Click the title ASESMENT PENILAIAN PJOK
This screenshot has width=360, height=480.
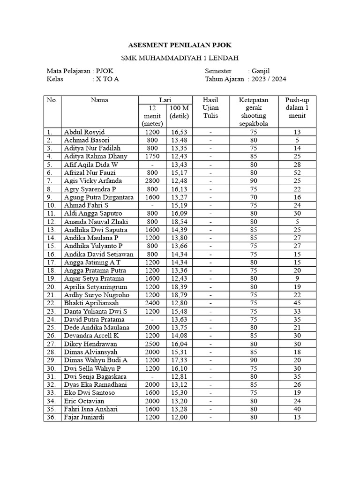(180, 45)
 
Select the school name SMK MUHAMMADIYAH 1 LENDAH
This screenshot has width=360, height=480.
(180, 58)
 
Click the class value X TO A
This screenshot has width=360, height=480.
(107, 79)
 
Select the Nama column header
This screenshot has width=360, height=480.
(99, 100)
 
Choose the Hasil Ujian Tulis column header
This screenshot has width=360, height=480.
(210, 108)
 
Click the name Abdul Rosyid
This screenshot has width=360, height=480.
(84, 132)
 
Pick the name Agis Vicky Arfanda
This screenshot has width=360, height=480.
(93, 181)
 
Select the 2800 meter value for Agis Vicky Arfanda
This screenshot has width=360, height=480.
(152, 181)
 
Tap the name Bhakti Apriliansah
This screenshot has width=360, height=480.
(92, 303)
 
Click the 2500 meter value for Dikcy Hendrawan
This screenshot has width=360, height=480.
(152, 344)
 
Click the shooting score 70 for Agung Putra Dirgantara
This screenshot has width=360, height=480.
(253, 197)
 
